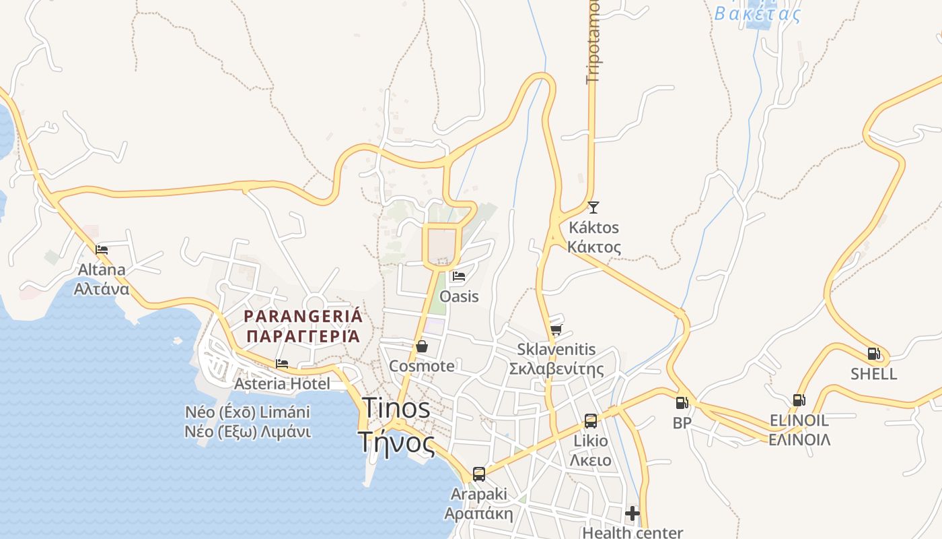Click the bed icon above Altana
click(102, 249)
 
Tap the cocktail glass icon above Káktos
click(593, 208)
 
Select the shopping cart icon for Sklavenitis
click(556, 329)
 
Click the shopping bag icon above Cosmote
click(422, 346)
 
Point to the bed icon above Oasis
click(459, 276)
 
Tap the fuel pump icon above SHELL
click(873, 354)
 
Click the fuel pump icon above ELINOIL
click(799, 400)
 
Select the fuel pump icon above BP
click(682, 403)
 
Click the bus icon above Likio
click(590, 421)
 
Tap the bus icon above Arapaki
click(478, 474)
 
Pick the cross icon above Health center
click(632, 513)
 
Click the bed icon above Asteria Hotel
click(282, 364)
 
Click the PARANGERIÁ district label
click(303, 325)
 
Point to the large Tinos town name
click(396, 424)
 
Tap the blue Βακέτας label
click(757, 14)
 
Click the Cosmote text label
click(422, 366)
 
